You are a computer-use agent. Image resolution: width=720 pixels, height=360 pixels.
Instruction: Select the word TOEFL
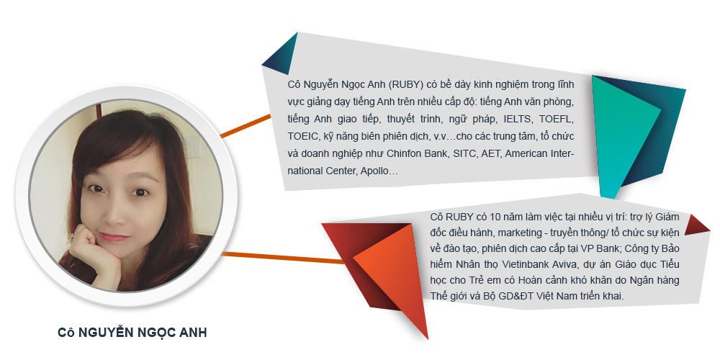557,120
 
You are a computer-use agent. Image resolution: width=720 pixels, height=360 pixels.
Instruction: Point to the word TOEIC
302,136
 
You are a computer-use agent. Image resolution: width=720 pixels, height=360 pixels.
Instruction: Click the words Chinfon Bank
417,153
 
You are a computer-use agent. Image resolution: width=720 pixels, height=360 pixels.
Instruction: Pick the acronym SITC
464,153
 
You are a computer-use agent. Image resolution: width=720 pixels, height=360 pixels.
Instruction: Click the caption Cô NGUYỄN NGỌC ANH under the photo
132,333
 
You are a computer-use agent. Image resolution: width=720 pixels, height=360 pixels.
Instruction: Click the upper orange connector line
246,126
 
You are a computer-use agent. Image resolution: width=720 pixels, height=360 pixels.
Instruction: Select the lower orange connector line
283,258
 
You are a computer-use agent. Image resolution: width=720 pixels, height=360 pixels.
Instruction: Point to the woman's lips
114,237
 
